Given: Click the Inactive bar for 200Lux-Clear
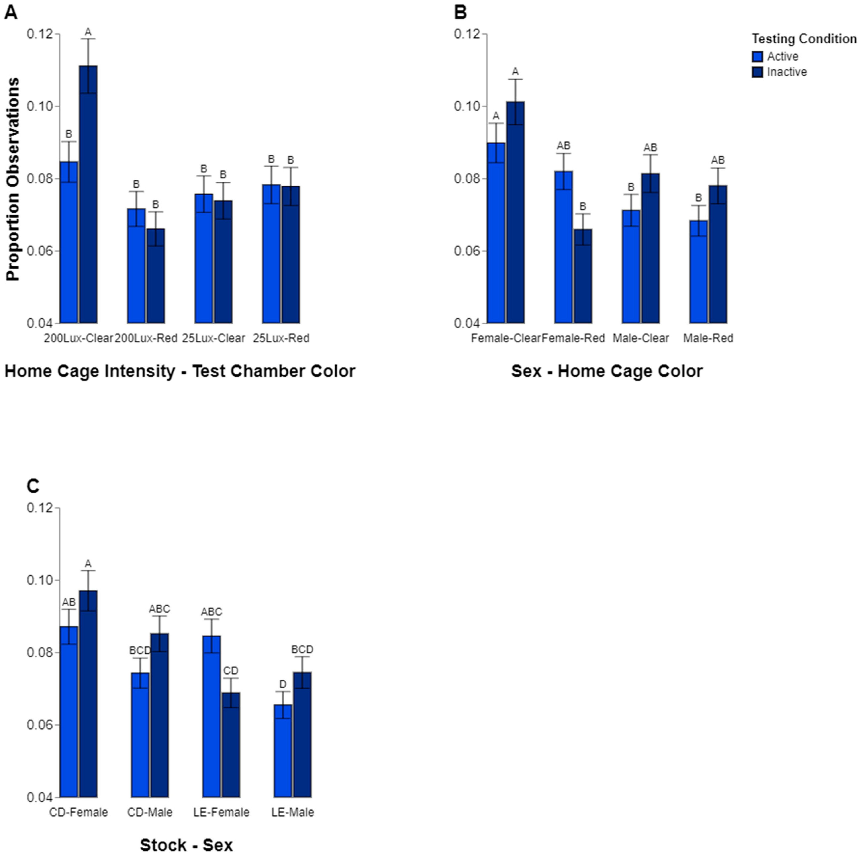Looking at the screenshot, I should point(88,194).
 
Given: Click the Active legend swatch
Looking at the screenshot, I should point(758,56).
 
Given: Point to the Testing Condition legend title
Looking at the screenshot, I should point(804,39).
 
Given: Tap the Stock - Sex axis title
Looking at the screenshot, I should point(186,845).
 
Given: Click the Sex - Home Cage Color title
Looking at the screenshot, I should point(607,371).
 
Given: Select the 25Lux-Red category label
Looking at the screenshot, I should point(281,338).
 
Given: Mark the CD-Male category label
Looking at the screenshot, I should point(150,812).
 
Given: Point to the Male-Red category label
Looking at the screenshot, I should point(708,338).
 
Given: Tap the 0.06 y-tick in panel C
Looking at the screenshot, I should point(40,725).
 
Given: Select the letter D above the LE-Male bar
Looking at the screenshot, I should point(283,684).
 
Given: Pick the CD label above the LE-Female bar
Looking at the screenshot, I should point(231,671).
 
